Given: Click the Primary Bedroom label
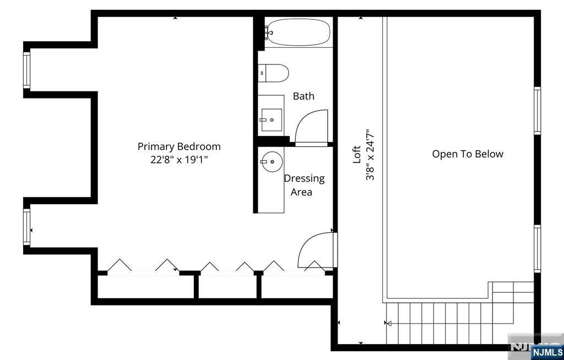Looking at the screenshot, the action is click(179, 147).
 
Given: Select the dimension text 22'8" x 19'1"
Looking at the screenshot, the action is click(179, 160).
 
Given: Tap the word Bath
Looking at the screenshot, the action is click(303, 96).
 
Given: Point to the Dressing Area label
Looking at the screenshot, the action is click(304, 185).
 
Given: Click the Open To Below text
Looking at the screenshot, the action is click(468, 154).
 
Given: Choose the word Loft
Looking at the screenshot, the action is click(356, 154).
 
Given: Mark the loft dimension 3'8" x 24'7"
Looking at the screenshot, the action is click(370, 155).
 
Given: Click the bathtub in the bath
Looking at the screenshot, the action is click(299, 32).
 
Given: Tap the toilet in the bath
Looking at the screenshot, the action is click(273, 73).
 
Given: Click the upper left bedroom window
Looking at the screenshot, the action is click(26, 70).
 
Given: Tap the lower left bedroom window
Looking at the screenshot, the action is click(26, 227).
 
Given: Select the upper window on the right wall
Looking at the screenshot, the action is click(538, 111).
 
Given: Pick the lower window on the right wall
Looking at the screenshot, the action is click(538, 248).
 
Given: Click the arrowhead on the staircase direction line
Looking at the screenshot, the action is click(388, 323).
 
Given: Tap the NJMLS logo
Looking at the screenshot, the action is click(547, 352).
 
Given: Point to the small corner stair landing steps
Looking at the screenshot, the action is click(513, 292).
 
